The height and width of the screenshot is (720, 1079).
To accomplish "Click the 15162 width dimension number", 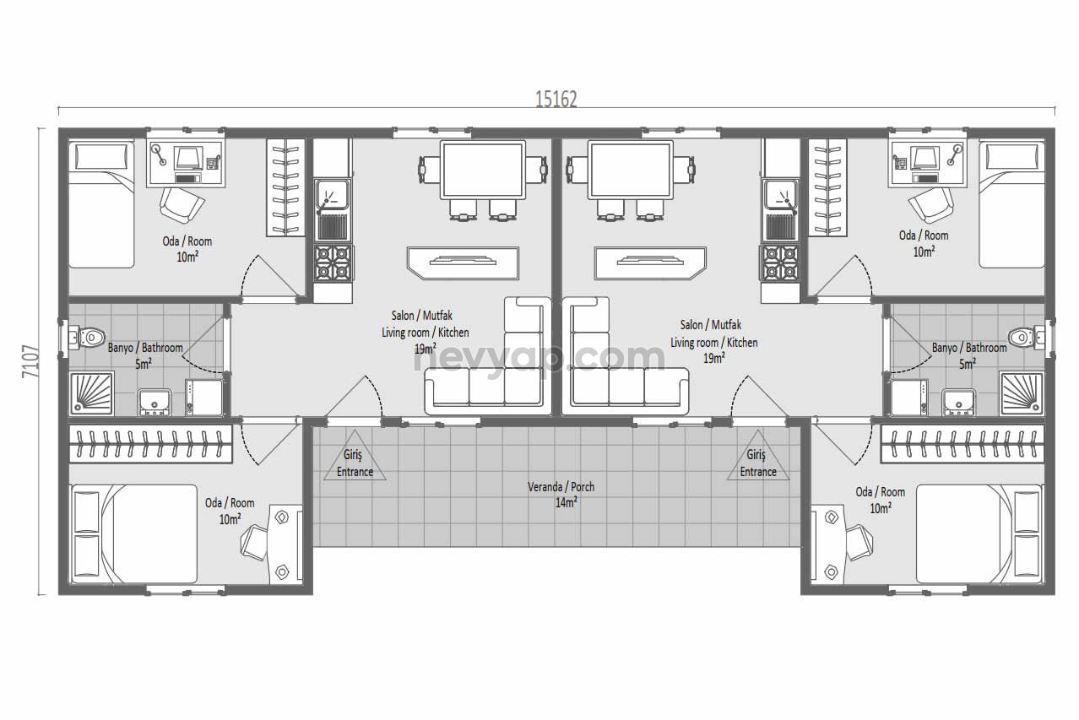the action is click(x=556, y=100).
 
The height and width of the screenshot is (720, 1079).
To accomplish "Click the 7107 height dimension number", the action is click(x=30, y=360).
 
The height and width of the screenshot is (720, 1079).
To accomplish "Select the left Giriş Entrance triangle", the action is click(x=355, y=456).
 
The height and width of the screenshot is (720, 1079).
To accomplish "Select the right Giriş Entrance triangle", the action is click(x=757, y=456).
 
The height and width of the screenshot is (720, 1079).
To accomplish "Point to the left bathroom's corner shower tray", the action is click(x=91, y=393).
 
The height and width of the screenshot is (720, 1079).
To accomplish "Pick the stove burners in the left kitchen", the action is click(x=333, y=263).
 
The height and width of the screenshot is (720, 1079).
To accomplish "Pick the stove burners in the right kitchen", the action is click(x=780, y=263).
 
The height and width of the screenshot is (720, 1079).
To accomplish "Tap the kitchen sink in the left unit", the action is click(x=333, y=210).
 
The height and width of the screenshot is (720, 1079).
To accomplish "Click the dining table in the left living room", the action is click(x=483, y=170).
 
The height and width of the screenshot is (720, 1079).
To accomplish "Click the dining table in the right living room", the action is click(x=631, y=170).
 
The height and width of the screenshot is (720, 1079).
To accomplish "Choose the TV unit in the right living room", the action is click(x=650, y=263).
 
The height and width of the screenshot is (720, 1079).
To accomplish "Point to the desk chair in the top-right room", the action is click(x=932, y=204).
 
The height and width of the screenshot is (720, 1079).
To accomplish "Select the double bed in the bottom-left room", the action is click(x=134, y=533).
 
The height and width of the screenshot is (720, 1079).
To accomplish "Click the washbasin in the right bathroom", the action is click(x=958, y=402).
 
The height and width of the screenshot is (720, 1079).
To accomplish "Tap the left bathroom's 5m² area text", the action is click(x=143, y=364).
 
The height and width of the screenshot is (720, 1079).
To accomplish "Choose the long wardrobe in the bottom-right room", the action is click(x=963, y=443).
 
